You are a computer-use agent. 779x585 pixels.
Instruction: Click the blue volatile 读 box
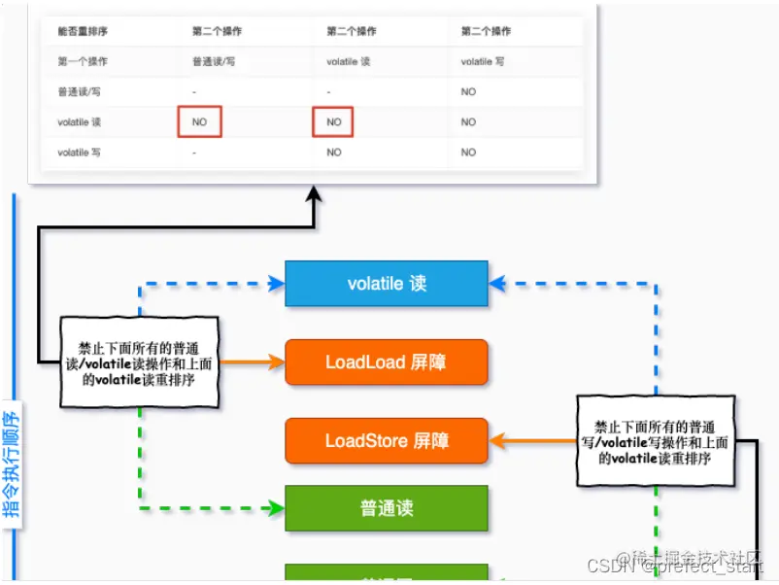coord(387,284)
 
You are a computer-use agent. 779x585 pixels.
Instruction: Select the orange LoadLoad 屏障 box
coord(387,362)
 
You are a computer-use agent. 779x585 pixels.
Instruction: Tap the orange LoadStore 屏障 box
coord(387,441)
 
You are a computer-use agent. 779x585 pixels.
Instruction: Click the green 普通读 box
coord(387,508)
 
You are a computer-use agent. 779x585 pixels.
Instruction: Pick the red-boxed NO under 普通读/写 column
coord(200,122)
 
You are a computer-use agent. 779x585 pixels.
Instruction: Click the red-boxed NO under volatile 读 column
coord(333,122)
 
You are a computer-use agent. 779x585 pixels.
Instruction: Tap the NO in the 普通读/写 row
coord(468,92)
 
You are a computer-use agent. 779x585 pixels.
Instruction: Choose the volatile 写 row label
coord(80,153)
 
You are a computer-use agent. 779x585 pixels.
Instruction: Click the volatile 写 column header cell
coord(482,61)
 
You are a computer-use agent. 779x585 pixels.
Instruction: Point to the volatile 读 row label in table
coord(80,122)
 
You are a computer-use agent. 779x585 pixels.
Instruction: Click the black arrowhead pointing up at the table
coord(314,197)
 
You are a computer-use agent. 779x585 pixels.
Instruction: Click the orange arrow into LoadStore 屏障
coord(534,441)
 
